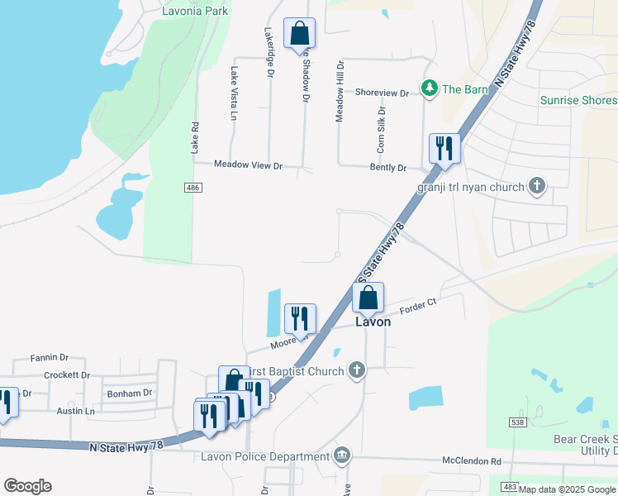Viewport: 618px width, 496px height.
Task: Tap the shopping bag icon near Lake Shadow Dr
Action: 299,34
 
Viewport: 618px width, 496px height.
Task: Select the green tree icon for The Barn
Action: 430,88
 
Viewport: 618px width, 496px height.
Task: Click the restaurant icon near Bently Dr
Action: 444,148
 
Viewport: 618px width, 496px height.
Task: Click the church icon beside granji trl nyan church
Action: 537,186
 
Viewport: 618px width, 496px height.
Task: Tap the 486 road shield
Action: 193,188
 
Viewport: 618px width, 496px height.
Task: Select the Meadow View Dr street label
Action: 248,165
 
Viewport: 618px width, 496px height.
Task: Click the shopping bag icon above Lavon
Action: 368,297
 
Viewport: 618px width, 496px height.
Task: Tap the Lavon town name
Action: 373,322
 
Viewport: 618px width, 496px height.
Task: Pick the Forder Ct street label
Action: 417,307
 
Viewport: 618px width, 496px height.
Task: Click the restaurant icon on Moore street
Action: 299,318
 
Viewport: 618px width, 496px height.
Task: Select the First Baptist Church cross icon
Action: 356,370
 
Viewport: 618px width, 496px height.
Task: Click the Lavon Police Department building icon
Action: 341,455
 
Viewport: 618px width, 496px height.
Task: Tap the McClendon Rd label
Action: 472,461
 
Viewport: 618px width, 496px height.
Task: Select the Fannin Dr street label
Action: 49,358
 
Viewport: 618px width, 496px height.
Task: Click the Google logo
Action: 27,486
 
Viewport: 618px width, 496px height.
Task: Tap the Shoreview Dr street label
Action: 382,93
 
